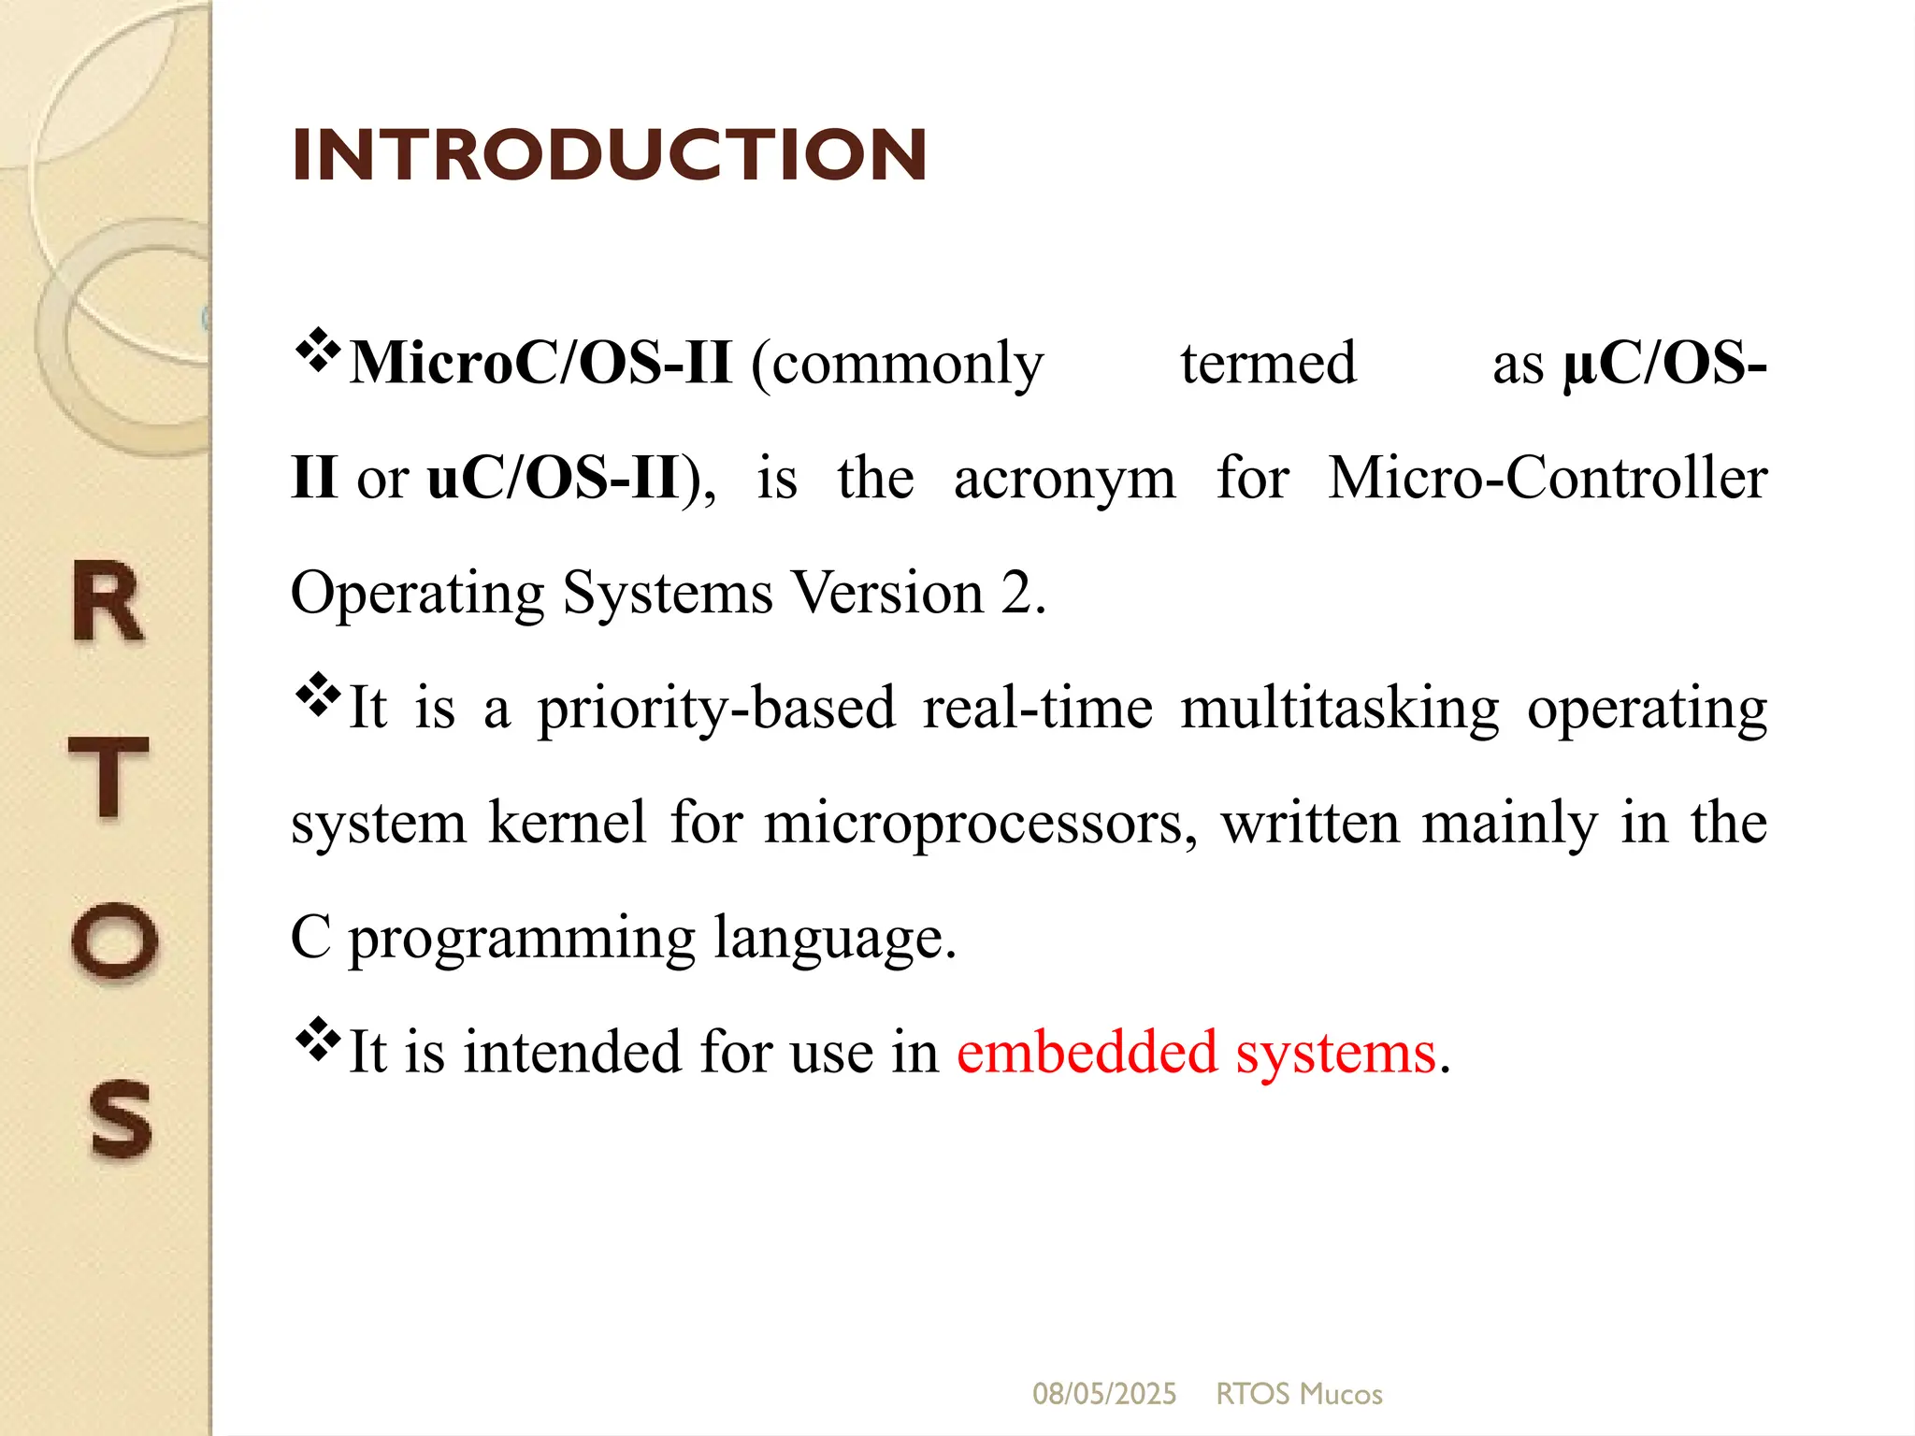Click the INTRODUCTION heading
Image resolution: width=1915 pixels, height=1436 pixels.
tap(609, 155)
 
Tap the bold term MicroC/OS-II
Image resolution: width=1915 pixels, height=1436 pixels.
tap(540, 363)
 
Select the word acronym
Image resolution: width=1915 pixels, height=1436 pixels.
tap(1064, 480)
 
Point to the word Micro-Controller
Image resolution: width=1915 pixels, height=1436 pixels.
tap(1548, 478)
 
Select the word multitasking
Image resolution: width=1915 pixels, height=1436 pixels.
tap(1339, 709)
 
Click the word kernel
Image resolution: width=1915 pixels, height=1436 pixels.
tap(567, 823)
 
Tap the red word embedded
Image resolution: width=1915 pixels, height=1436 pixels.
tap(1087, 1053)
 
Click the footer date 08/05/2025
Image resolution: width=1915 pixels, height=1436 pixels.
tap(1103, 1394)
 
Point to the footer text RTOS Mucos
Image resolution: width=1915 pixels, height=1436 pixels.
tap(1299, 1394)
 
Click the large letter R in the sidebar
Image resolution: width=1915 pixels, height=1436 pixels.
tap(108, 602)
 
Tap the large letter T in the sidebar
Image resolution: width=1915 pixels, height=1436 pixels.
tap(109, 776)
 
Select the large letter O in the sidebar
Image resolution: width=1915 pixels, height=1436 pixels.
tap(114, 941)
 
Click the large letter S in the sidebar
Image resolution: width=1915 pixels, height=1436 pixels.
tap(120, 1119)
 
